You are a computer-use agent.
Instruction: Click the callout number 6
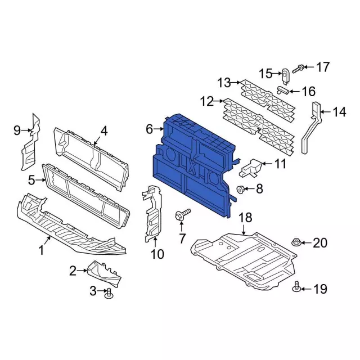pos(149,129)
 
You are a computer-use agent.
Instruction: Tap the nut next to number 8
pos(240,190)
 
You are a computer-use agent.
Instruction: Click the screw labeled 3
pos(109,294)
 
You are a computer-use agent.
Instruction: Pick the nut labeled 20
pos(296,242)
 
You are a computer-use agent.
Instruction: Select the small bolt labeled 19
pos(296,286)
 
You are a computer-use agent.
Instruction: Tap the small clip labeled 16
pos(283,90)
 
